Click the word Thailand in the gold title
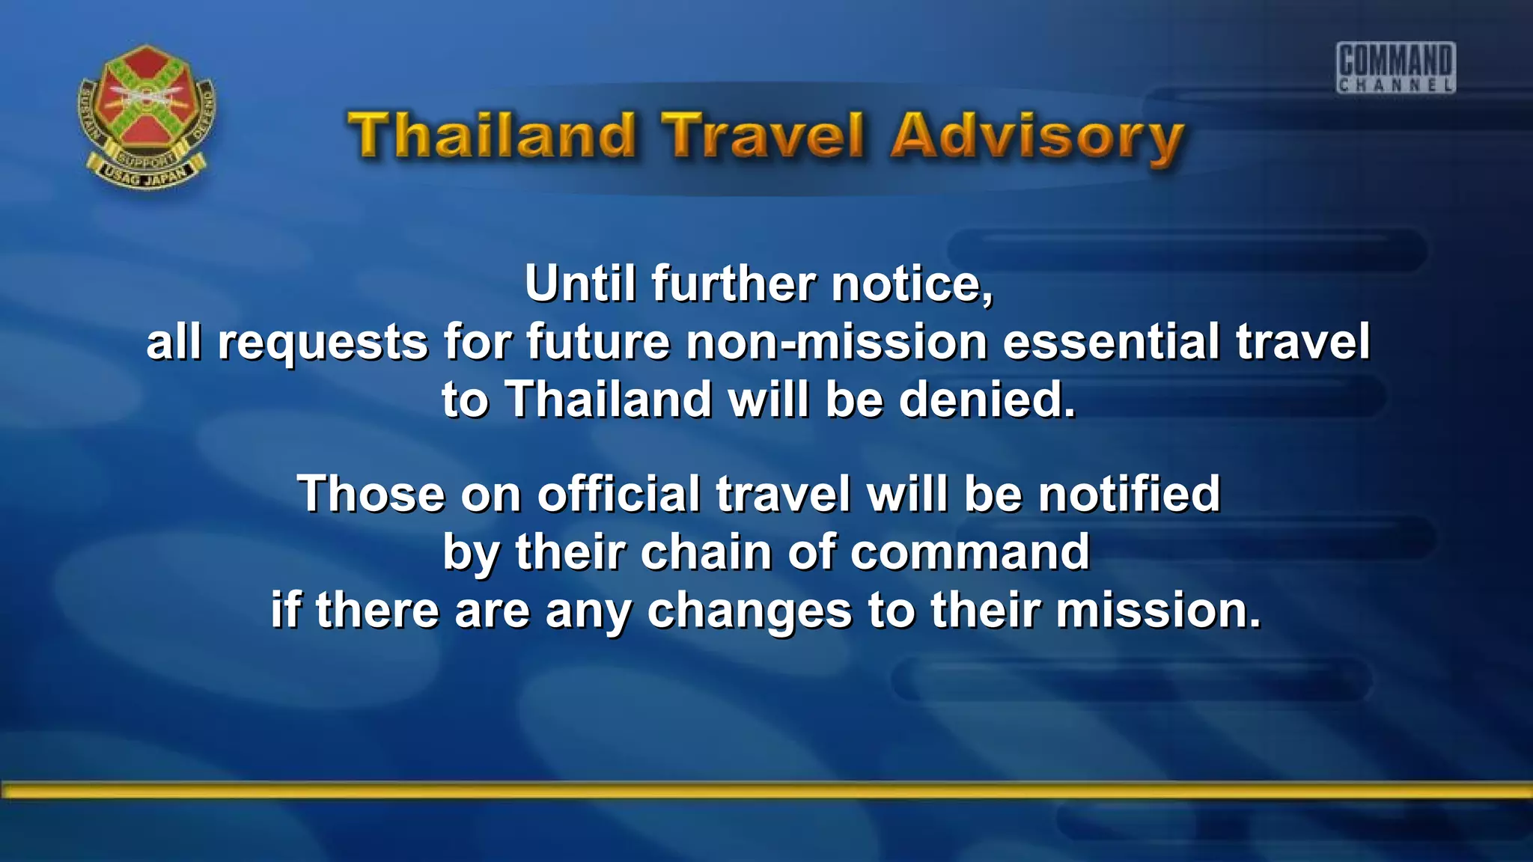pos(493,135)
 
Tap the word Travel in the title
pos(764,135)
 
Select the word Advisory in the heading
pos(1037,138)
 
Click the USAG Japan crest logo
pos(147,116)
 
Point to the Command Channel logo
pos(1395,67)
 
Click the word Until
pos(579,284)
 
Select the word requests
pos(323,343)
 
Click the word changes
pos(749,611)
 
